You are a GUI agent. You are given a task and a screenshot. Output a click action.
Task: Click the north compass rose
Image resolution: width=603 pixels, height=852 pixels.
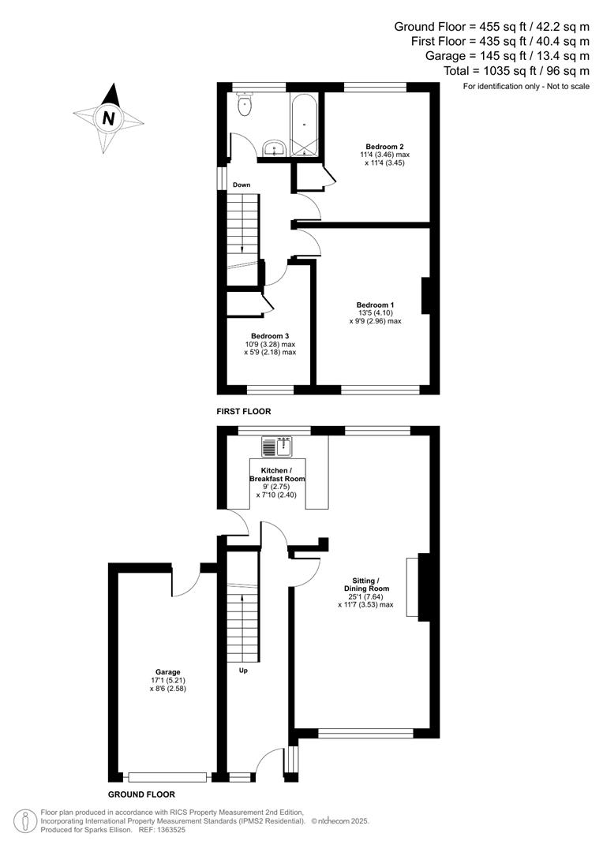tap(108, 118)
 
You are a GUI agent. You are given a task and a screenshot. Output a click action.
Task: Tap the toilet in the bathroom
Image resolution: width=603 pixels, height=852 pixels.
tap(245, 104)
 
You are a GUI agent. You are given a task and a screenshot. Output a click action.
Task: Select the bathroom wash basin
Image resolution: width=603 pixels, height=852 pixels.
tap(275, 148)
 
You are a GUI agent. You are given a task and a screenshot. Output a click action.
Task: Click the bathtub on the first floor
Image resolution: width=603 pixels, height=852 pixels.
tap(304, 125)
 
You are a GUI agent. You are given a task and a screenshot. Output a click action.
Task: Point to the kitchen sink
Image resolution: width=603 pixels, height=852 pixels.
tap(277, 447)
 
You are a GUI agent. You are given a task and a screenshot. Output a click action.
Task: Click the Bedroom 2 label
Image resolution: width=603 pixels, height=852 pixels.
tap(385, 147)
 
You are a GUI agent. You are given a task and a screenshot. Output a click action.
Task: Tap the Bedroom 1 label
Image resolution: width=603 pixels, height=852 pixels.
tap(375, 305)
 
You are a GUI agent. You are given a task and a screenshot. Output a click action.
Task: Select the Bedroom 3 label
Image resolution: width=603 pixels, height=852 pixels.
tap(270, 336)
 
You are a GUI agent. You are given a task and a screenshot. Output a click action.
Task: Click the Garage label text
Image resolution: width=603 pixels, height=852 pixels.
tap(167, 672)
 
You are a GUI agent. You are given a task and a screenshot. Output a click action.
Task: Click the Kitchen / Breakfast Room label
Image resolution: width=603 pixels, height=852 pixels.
tap(277, 474)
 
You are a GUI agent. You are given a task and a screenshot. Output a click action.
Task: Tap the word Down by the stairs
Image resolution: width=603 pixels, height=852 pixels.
tap(242, 185)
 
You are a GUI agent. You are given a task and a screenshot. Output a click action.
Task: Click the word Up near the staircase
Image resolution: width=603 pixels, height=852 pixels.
tap(243, 671)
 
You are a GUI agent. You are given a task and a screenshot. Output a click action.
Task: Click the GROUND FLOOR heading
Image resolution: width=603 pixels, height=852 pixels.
tap(141, 794)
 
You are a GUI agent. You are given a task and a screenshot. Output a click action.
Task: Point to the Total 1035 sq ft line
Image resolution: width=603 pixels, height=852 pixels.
tap(516, 70)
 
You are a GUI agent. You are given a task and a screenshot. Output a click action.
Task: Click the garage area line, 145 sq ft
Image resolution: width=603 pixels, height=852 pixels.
tap(507, 55)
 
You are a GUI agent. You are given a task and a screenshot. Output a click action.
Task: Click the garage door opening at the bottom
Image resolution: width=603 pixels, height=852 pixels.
tap(167, 777)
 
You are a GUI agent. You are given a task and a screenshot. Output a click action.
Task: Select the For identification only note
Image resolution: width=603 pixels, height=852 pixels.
tap(526, 85)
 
